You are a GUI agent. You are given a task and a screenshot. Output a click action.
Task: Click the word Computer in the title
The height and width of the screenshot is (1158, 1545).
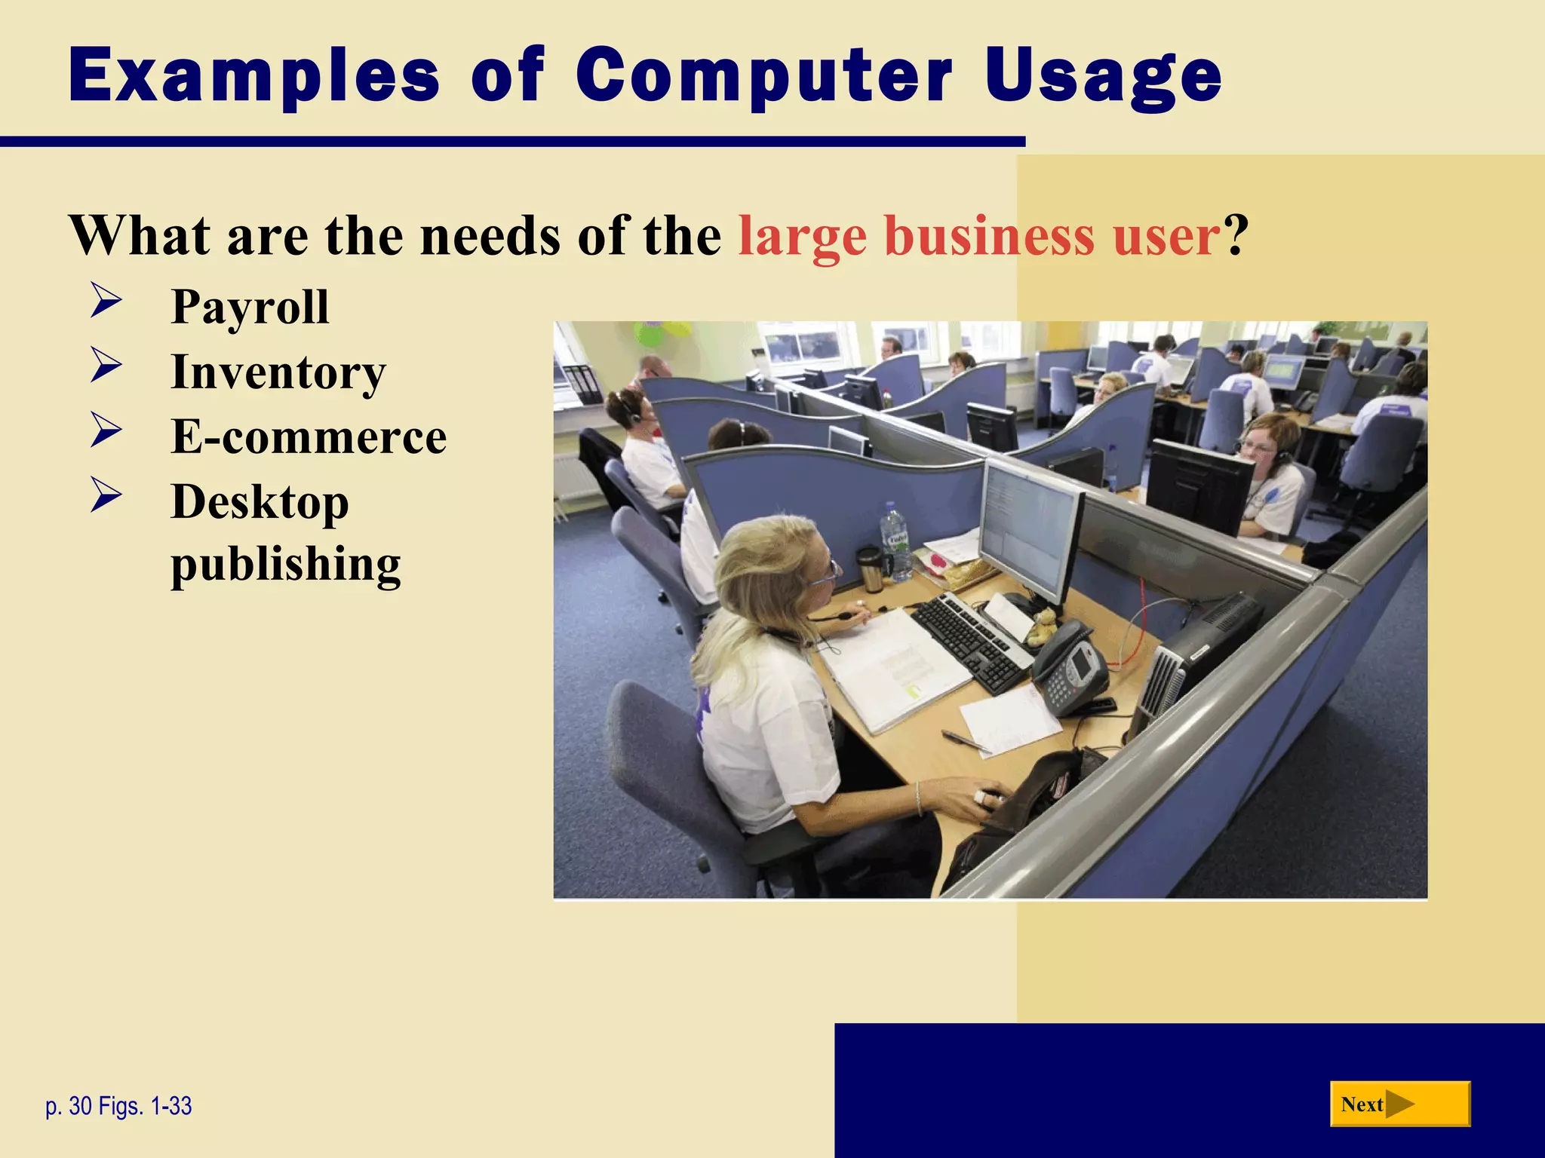coord(763,75)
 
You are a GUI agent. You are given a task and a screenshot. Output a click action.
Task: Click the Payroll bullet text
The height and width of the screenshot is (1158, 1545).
coord(250,308)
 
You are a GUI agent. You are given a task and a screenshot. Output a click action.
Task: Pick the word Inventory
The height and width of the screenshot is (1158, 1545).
coord(278,372)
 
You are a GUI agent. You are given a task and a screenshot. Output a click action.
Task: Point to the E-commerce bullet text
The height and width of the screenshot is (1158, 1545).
coord(309,437)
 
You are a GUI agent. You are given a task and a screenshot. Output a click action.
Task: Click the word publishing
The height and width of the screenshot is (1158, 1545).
coord(285,564)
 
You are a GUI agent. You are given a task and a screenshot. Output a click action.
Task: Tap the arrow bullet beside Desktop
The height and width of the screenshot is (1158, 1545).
coord(106,495)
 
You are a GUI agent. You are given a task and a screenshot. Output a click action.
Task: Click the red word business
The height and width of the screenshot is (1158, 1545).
coord(988,236)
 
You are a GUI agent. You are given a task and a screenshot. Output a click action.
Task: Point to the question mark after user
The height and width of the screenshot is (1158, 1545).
coord(1236,236)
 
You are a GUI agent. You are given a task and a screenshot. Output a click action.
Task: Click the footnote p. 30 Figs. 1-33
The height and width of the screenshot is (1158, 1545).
coord(118,1106)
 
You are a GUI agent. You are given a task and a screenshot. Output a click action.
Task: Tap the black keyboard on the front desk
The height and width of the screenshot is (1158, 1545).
coord(969,641)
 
